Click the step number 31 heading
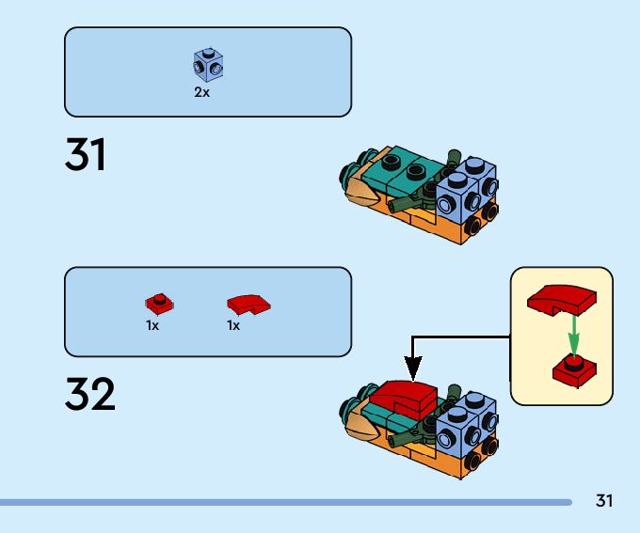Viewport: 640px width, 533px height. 86,155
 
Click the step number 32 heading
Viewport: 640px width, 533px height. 90,396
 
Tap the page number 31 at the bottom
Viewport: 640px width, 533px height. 604,501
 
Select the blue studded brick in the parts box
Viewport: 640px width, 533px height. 208,65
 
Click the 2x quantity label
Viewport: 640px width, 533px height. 202,93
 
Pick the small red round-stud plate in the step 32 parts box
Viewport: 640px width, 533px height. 159,304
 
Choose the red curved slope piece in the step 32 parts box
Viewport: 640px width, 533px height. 248,304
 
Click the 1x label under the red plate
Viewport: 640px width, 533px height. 152,325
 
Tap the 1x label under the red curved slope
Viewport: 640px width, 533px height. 233,325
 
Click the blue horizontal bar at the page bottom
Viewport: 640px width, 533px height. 282,503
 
